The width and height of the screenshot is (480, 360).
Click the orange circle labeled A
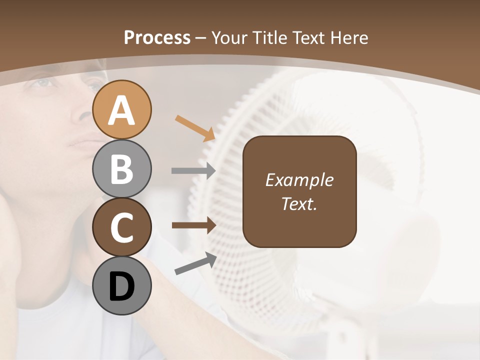(121, 109)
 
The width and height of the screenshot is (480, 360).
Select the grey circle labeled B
(121, 168)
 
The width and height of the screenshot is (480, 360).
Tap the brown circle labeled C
(121, 227)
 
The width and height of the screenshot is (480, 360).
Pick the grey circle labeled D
(121, 286)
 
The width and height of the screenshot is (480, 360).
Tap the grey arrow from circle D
(195, 263)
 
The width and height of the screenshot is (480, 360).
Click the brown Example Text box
(299, 191)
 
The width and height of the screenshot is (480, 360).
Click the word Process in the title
(157, 37)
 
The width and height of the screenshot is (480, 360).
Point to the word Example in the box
(299, 180)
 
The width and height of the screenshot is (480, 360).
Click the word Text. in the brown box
(299, 204)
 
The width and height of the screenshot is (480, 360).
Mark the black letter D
(121, 287)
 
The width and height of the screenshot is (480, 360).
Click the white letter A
(121, 110)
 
